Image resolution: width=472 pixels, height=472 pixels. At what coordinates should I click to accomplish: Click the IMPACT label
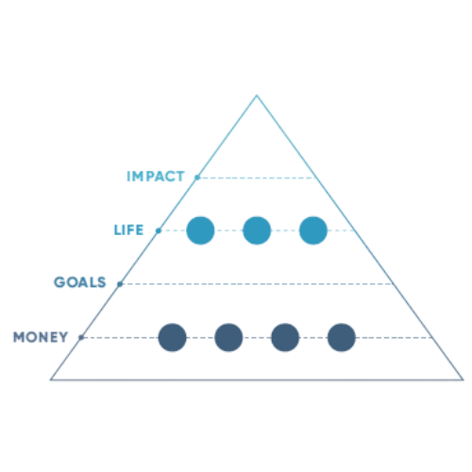tap(156, 177)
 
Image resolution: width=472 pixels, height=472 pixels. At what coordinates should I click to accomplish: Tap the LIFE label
tap(128, 230)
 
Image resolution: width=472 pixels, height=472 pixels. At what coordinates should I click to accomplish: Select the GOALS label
tap(80, 282)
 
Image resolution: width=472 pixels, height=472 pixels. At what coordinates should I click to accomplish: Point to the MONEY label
tap(41, 337)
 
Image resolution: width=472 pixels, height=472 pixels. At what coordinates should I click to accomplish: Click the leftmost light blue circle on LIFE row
tap(200, 230)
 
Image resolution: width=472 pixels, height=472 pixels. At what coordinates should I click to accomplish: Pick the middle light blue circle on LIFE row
tap(257, 230)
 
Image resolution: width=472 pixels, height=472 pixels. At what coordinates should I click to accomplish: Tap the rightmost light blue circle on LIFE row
tap(313, 230)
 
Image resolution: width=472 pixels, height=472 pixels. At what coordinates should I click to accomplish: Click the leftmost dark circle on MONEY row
tap(172, 337)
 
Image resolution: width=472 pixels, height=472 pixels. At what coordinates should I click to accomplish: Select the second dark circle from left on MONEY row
tap(228, 337)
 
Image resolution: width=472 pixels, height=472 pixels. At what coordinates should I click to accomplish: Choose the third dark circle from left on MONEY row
tap(285, 337)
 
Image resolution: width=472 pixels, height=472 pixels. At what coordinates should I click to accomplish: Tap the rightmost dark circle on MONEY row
tap(342, 337)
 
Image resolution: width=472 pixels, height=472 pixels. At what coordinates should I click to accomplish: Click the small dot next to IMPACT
tap(197, 177)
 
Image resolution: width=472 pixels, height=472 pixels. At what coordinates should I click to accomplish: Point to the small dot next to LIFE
tap(159, 230)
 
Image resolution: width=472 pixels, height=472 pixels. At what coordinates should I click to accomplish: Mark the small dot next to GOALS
tap(120, 284)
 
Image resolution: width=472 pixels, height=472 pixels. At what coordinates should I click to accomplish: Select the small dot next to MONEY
tap(81, 338)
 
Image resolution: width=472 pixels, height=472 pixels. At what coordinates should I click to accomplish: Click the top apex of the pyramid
tap(257, 94)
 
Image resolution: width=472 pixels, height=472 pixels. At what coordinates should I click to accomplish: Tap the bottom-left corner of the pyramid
tap(51, 379)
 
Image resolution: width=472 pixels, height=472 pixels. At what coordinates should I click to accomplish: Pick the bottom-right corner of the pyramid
tap(463, 379)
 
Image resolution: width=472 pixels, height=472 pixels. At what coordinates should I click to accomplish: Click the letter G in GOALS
tap(59, 282)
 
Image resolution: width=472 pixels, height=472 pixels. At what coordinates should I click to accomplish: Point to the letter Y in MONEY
tap(63, 337)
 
